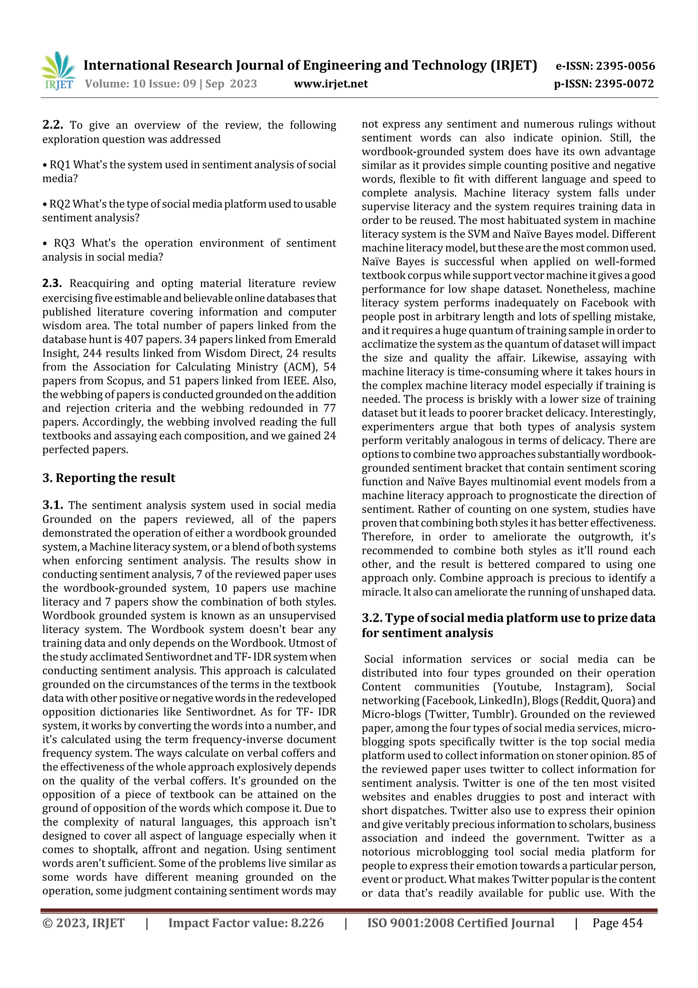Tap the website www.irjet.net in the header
pyautogui.click(x=330, y=84)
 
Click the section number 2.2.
pyautogui.click(x=52, y=125)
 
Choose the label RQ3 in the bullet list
pyautogui.click(x=64, y=243)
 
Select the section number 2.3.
pyautogui.click(x=52, y=283)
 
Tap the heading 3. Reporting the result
pyautogui.click(x=109, y=478)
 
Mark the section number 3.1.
pyautogui.click(x=52, y=505)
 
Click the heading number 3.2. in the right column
pyautogui.click(x=372, y=618)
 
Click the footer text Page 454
pyautogui.click(x=617, y=923)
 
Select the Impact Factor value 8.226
pyautogui.click(x=307, y=923)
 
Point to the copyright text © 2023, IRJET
pyautogui.click(x=84, y=923)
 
